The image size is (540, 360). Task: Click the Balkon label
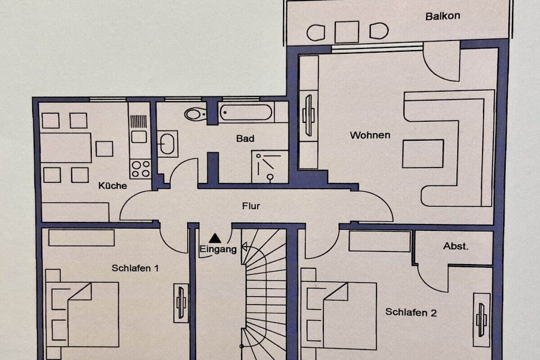coord(442,16)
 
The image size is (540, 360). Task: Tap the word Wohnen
coord(370,135)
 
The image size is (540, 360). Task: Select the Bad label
coord(245,138)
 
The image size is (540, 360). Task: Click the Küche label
coord(113,186)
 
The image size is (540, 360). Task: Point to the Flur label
coord(251,206)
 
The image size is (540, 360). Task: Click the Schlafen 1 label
coord(136,268)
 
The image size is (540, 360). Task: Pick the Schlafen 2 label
coord(411,312)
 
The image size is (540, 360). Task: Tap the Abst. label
coord(456,246)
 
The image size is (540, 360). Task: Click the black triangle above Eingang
coord(215,238)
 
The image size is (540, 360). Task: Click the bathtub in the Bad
coord(246,112)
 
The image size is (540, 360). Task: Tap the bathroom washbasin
coord(168,143)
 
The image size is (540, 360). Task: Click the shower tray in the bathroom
coord(269,167)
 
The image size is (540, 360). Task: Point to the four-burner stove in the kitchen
coord(140,169)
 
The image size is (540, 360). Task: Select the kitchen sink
coord(139,137)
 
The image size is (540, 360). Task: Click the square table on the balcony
coord(347,32)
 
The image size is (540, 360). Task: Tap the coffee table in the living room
coord(423,153)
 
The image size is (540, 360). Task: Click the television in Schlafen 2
coord(481,320)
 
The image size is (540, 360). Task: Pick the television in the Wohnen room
coord(308,115)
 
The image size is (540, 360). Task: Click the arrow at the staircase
coord(245,247)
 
